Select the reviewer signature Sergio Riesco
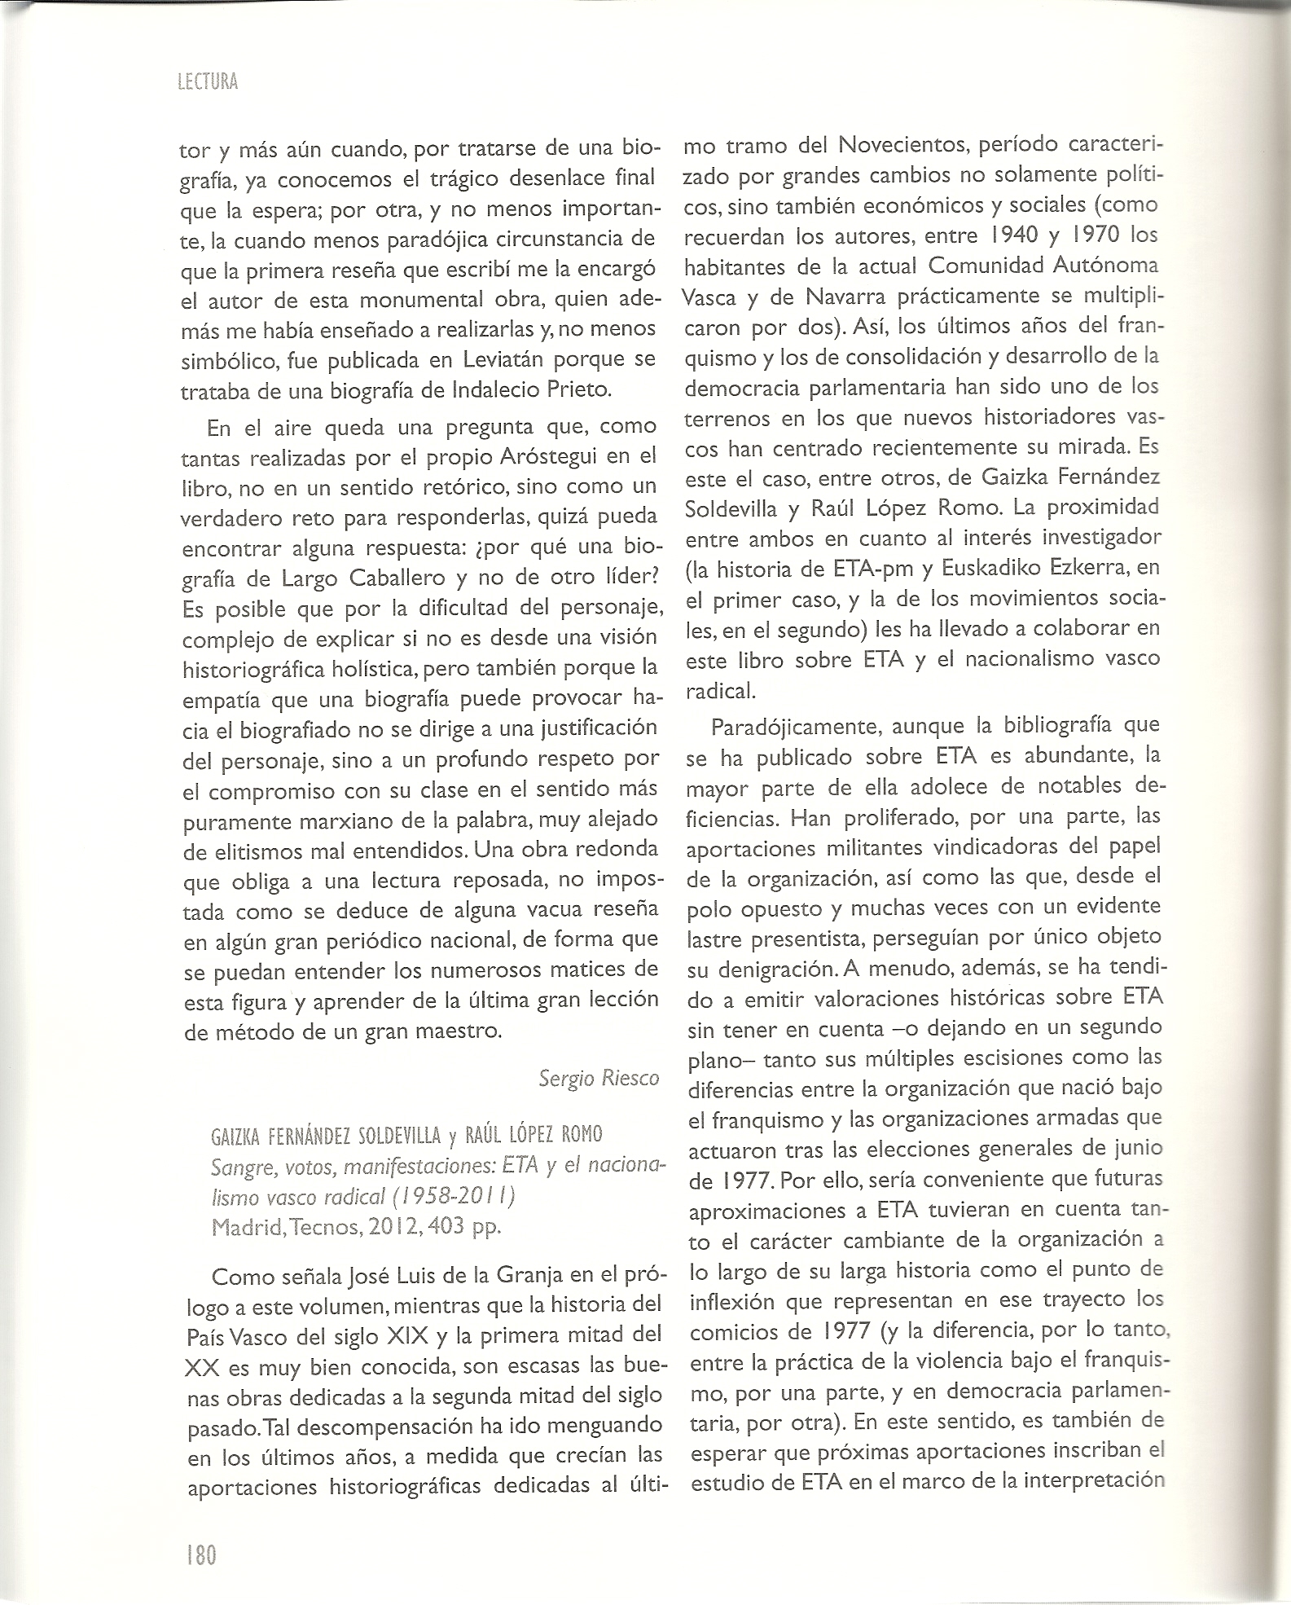point(599,1079)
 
